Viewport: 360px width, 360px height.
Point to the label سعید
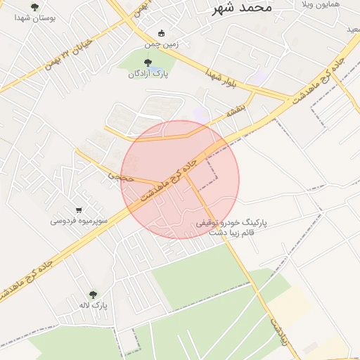[352, 29]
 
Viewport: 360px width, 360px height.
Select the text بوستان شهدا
[34, 18]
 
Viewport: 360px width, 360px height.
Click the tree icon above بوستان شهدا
[34, 7]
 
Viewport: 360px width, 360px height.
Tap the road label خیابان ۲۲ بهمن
[67, 60]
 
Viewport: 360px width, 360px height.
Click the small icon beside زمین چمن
[162, 33]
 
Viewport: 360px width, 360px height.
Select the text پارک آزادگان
[146, 73]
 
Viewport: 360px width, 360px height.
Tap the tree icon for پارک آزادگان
[146, 63]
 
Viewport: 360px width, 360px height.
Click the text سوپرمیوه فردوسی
[78, 220]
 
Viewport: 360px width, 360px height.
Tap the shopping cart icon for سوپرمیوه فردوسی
[79, 210]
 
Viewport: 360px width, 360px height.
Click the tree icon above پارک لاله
[93, 295]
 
